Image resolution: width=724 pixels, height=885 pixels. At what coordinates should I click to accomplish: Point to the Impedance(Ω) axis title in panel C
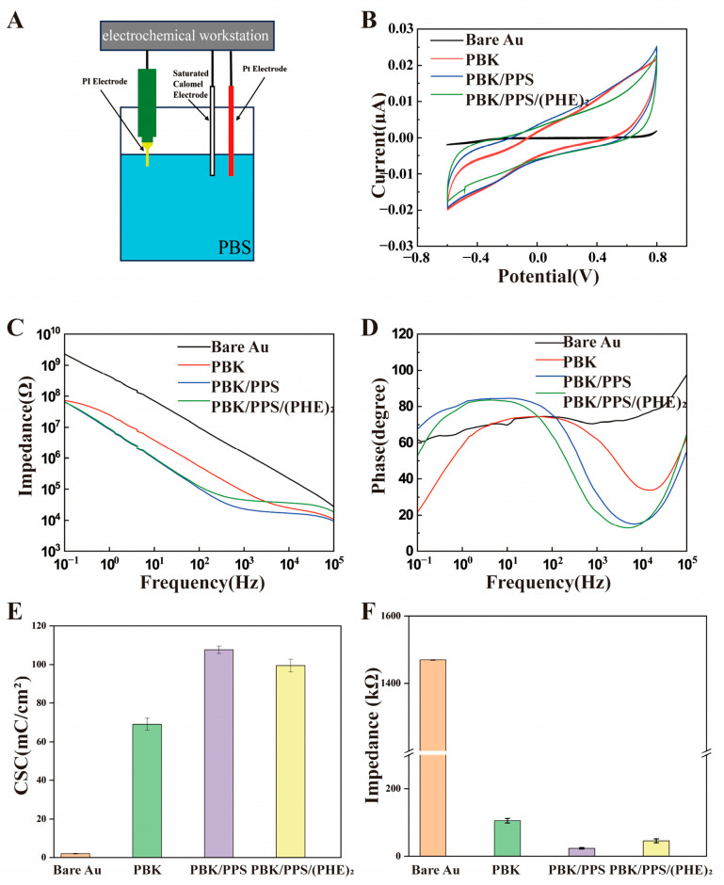click(x=20, y=440)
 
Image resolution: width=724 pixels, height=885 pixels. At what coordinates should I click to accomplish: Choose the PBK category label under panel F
click(x=533, y=870)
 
